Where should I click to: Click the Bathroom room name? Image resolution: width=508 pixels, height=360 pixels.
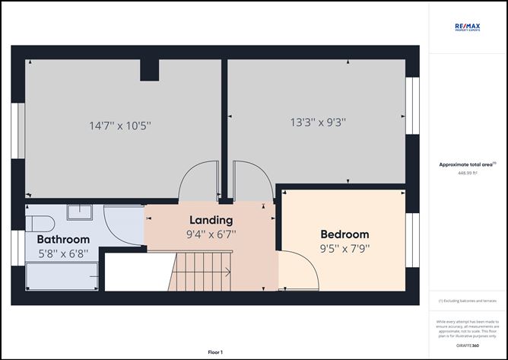tap(63, 239)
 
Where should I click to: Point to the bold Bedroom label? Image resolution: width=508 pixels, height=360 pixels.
tap(344, 234)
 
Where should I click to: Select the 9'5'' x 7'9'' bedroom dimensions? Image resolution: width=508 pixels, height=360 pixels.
tap(344, 248)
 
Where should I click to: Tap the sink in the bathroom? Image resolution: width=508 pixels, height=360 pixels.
tap(79, 212)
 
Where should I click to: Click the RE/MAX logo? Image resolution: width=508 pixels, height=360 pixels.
tap(468, 27)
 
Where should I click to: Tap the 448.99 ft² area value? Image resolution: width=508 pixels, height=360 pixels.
tap(468, 174)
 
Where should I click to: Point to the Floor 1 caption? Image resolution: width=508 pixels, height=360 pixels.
tap(218, 352)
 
